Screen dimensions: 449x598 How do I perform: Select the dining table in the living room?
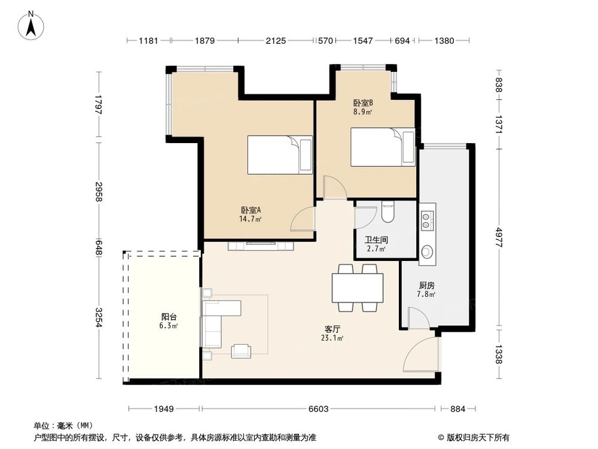357,287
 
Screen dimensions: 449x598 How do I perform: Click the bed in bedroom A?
279,155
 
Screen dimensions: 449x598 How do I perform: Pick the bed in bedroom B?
382,147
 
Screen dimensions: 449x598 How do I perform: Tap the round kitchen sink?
428,252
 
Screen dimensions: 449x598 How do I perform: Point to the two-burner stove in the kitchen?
428,220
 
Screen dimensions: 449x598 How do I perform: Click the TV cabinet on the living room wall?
260,245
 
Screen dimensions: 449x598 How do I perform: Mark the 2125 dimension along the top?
276,41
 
